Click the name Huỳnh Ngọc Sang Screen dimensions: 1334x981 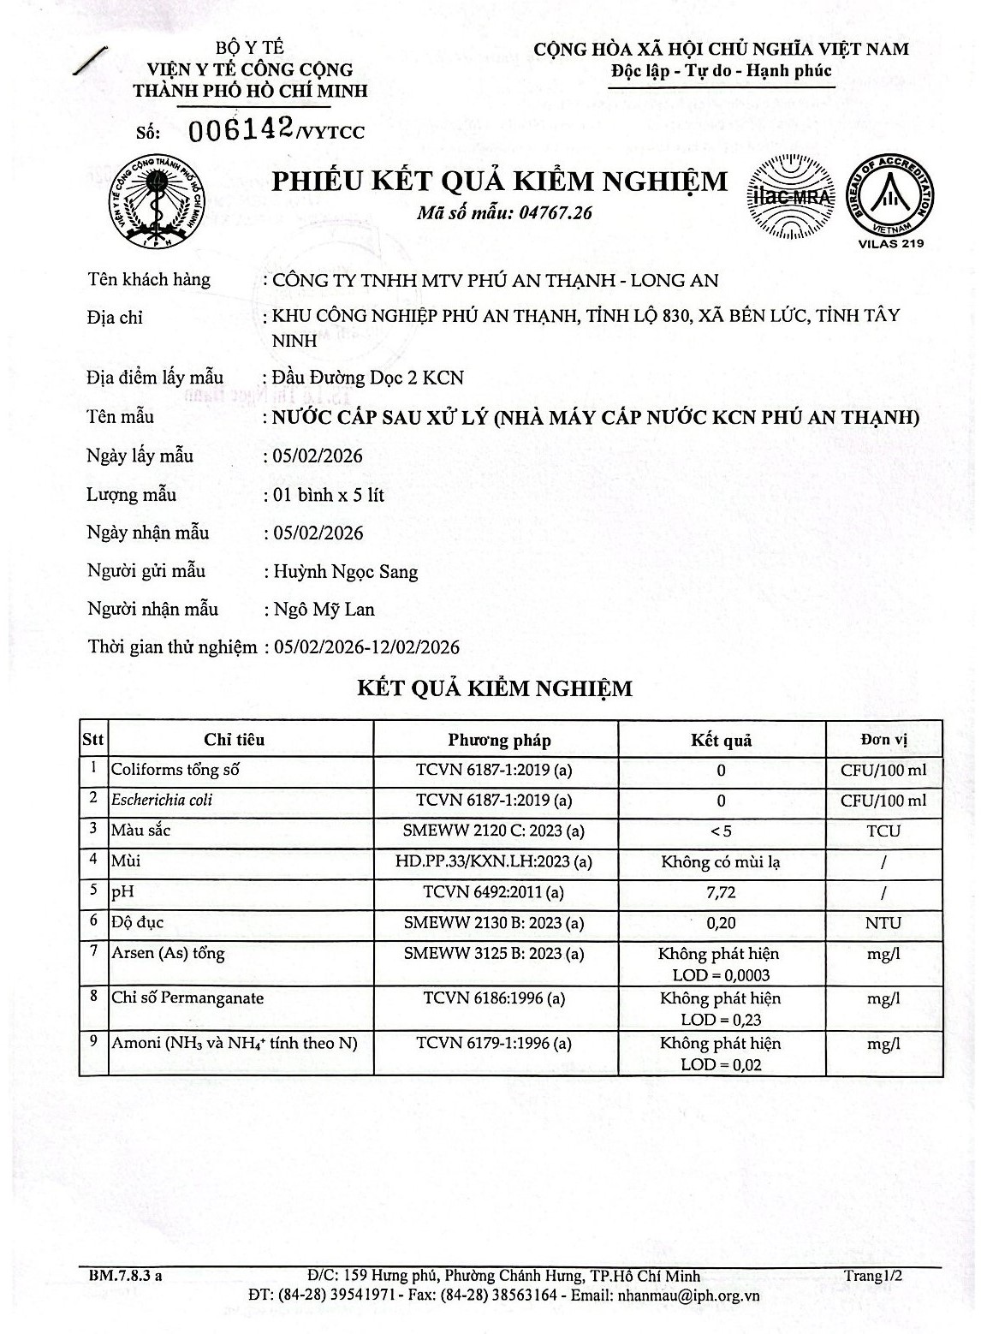346,572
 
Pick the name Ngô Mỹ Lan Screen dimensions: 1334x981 324,610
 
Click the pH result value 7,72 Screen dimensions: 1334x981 721,892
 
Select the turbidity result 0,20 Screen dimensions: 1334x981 721,923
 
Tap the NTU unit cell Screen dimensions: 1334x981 883,923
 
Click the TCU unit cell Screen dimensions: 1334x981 883,831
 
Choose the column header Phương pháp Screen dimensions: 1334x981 499,740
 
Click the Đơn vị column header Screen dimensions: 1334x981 883,740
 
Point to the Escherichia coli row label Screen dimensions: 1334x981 162,800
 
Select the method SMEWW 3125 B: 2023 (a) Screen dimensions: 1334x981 494,953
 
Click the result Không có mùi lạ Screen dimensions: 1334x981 721,861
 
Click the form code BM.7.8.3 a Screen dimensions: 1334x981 125,1276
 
